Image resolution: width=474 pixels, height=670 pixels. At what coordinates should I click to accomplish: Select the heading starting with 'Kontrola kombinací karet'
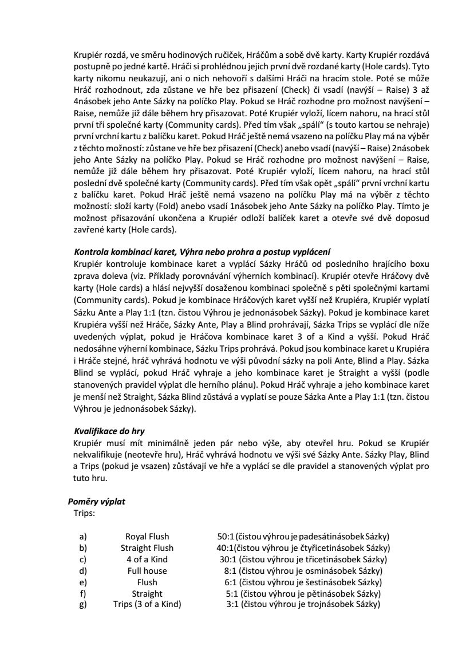[x=202, y=253]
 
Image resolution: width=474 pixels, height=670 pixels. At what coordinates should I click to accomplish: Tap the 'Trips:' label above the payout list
[x=84, y=513]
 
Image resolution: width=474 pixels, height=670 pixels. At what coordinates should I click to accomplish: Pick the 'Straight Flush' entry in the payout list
[x=147, y=548]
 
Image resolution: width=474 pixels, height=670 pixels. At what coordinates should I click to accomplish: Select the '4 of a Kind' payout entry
[x=147, y=559]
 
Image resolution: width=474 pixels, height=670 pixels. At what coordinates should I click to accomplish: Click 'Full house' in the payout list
[x=147, y=571]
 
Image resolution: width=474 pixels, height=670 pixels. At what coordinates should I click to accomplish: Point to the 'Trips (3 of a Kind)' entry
[x=147, y=605]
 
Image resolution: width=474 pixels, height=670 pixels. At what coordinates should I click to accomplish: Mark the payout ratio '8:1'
[x=231, y=571]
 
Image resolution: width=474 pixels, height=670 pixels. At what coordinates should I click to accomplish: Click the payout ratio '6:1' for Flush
[x=231, y=582]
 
